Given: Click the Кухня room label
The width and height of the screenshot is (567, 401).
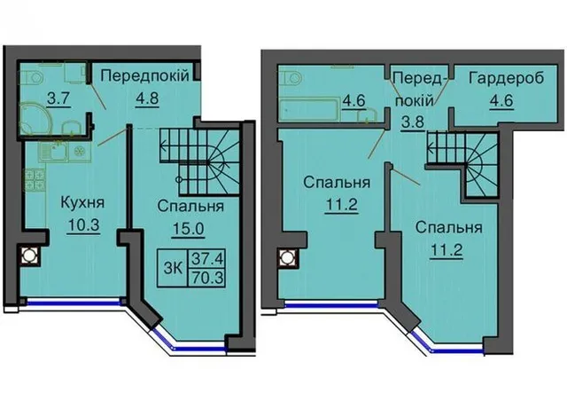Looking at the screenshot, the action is coord(82,203).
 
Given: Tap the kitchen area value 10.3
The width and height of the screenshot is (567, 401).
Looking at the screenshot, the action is coord(82,225).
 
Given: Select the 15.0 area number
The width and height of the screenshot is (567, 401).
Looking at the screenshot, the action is coord(189,229).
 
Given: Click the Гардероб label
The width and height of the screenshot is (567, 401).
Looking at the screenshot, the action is coord(506,78).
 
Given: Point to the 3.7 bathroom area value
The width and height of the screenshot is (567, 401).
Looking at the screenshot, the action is coord(58,98).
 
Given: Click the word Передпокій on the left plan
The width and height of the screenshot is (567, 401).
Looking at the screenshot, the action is coord(144,76).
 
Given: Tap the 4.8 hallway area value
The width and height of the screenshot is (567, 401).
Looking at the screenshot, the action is coord(147,98).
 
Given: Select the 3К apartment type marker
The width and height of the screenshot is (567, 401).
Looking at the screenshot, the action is coord(173,269).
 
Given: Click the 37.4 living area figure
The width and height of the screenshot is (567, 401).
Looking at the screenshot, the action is coord(207,259).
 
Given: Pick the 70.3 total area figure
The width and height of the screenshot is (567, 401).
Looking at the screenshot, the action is coord(207,279).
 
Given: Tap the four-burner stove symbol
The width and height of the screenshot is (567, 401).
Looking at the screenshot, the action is coord(35,180).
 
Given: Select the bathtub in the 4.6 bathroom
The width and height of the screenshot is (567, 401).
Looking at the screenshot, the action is coord(308,109).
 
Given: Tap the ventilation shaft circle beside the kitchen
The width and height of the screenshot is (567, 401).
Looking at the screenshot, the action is coord(27,256).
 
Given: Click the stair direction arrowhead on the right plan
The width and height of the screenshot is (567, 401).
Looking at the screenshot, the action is coord(431,147).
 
